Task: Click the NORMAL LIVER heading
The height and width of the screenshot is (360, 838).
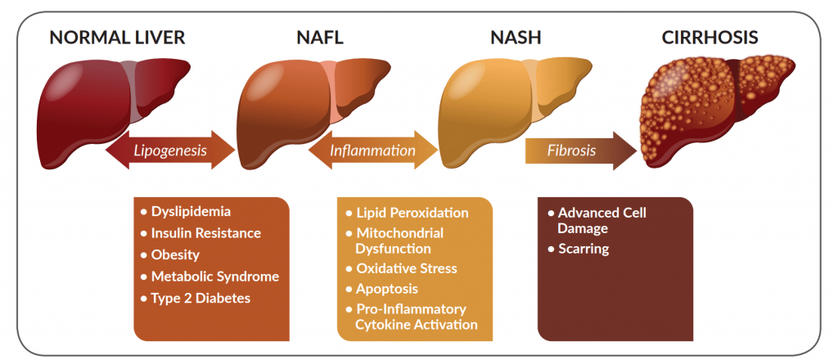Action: (x=116, y=37)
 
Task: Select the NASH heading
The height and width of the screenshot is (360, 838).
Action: (x=516, y=37)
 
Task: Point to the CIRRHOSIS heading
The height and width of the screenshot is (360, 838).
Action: (x=710, y=37)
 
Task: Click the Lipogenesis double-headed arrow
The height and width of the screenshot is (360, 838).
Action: (x=170, y=151)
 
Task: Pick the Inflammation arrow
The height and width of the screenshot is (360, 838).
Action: (x=373, y=151)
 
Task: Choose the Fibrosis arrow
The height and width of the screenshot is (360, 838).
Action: (x=578, y=151)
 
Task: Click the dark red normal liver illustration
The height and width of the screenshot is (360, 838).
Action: (x=106, y=102)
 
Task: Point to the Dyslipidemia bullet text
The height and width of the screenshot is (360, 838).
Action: (x=191, y=211)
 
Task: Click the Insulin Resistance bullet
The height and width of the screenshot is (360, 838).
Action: (x=205, y=233)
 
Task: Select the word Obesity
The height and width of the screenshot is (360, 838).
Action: (x=175, y=254)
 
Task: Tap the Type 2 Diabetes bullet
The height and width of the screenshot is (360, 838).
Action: (x=200, y=298)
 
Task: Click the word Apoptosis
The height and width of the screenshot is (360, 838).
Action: (x=387, y=289)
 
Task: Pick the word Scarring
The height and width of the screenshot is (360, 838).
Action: (x=584, y=249)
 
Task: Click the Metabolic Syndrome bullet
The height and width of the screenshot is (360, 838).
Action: (x=214, y=277)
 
